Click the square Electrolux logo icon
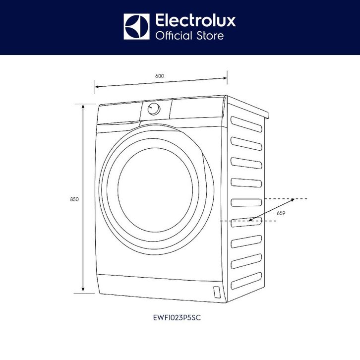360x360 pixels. pos(136,27)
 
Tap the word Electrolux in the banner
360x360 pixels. pos(195,21)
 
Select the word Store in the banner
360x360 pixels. pos(211,36)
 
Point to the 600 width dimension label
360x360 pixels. pos(159,76)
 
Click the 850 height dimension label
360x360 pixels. pos(74,199)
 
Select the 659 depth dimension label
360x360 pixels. pos(281,213)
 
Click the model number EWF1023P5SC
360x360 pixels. pos(180,319)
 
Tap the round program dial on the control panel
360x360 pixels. pos(154,109)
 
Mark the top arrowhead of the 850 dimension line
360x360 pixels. pos(83,105)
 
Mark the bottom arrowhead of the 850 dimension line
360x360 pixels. pos(83,292)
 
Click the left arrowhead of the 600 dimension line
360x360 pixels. pos(97,87)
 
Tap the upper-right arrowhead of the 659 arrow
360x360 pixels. pos(293,199)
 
